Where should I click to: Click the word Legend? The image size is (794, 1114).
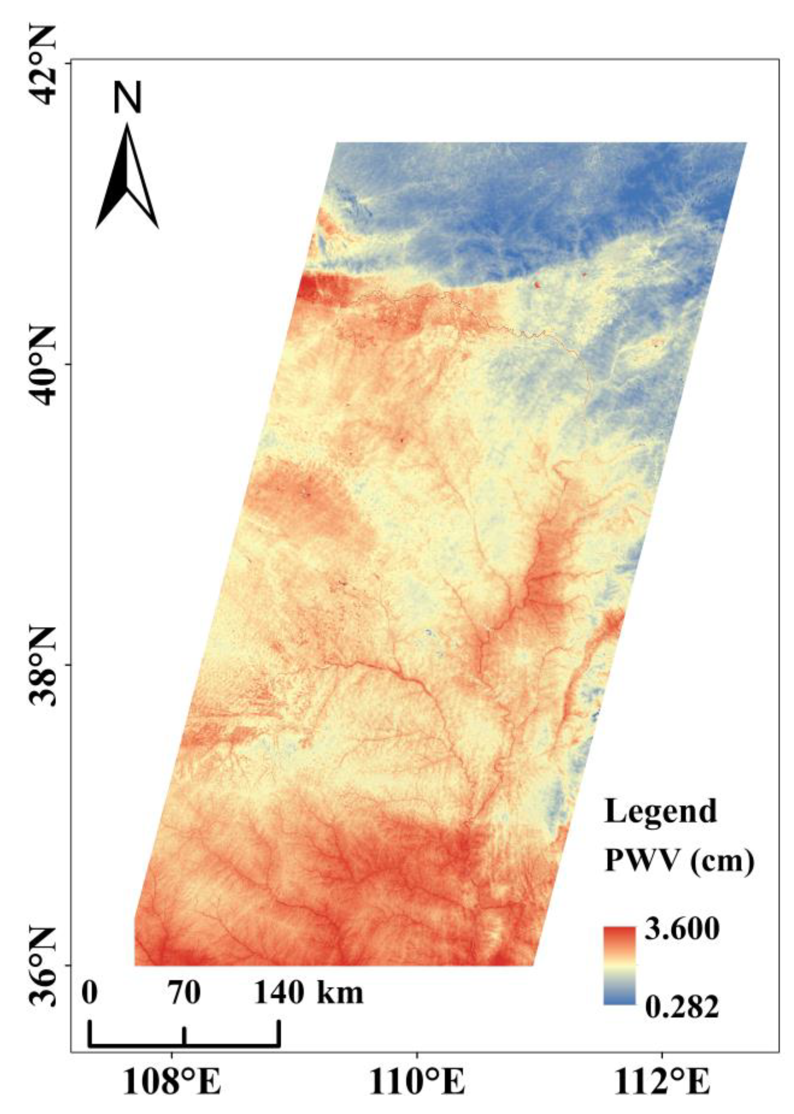[661, 811]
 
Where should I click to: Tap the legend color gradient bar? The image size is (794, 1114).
[620, 964]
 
